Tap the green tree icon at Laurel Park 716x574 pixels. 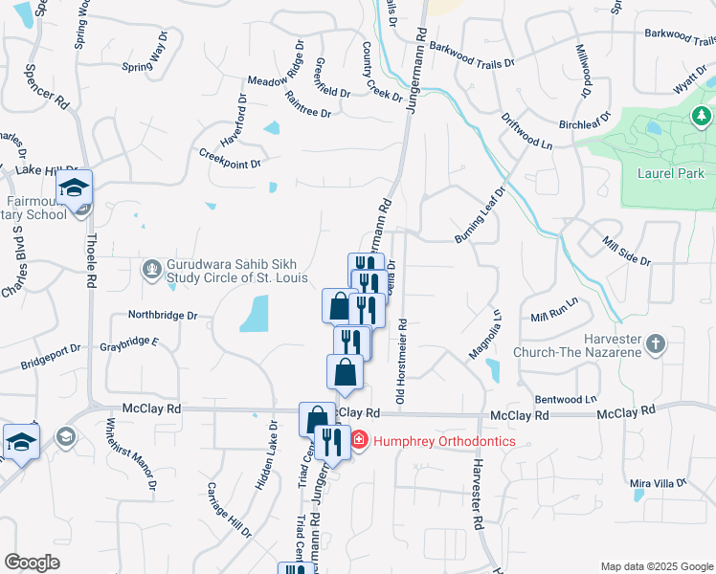point(702,117)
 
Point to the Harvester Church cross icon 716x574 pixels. point(655,342)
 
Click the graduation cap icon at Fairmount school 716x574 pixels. point(73,188)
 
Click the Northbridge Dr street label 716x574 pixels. point(163,314)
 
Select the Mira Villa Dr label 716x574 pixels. point(660,484)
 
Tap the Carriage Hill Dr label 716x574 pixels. point(234,518)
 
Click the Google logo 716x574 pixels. point(32,563)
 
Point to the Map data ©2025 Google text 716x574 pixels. point(657,566)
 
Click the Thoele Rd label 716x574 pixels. point(91,271)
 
